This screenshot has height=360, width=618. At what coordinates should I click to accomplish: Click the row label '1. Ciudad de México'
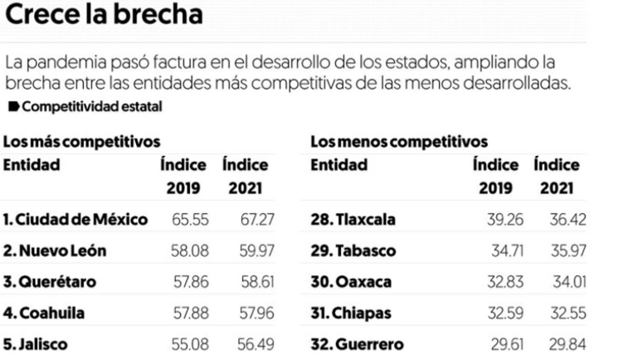coord(76,221)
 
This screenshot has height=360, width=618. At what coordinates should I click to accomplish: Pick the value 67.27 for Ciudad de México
coord(253,221)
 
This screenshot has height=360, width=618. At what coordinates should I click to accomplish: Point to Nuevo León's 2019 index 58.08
coord(188,251)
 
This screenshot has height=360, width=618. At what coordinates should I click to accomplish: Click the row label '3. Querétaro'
coord(49,282)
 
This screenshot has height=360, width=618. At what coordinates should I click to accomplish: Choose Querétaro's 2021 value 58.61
coord(253,282)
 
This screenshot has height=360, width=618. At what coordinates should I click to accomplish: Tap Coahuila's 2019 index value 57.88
coord(188,313)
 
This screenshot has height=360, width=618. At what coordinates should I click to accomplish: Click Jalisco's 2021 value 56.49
coord(253,343)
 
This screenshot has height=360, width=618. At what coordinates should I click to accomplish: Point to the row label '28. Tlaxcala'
coord(353,221)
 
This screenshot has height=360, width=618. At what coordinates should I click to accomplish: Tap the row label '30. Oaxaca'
coord(348,282)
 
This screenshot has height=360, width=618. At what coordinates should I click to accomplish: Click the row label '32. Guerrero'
coord(353,343)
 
